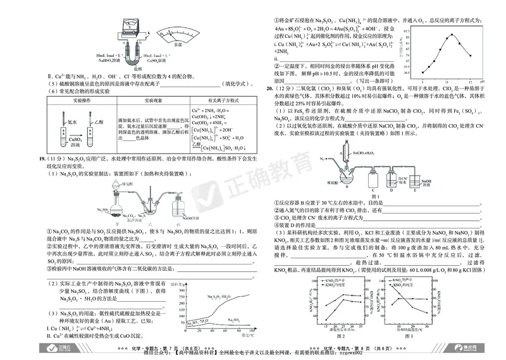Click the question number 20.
tap(269, 89)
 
